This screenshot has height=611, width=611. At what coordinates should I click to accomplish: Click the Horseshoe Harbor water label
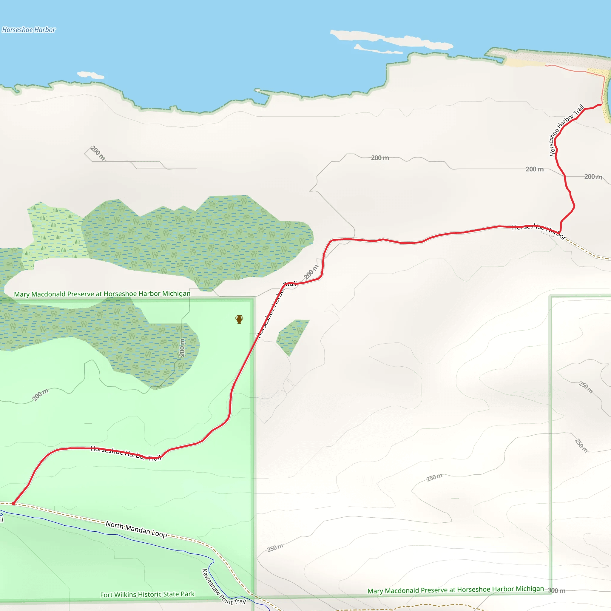[29, 30]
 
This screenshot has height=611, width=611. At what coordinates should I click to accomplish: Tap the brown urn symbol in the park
[239, 320]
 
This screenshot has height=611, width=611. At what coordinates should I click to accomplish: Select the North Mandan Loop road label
[136, 529]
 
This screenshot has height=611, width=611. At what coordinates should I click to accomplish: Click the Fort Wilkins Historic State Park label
[147, 595]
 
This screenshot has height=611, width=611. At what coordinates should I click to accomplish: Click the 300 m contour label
[557, 591]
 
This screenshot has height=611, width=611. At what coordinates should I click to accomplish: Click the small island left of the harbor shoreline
[90, 75]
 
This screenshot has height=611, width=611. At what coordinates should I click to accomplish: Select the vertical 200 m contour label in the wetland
[182, 348]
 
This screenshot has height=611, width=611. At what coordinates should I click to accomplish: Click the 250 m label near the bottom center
[275, 548]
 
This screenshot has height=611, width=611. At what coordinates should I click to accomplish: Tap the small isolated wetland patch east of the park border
[291, 336]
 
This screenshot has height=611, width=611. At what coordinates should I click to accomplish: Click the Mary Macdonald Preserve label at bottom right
[455, 590]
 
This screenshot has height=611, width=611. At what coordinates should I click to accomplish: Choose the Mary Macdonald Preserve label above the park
[102, 294]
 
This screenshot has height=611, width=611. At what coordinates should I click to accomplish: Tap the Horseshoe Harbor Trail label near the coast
[566, 130]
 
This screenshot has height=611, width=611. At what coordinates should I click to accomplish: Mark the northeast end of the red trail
[600, 105]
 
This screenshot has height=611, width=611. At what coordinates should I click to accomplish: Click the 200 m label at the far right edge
[593, 177]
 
